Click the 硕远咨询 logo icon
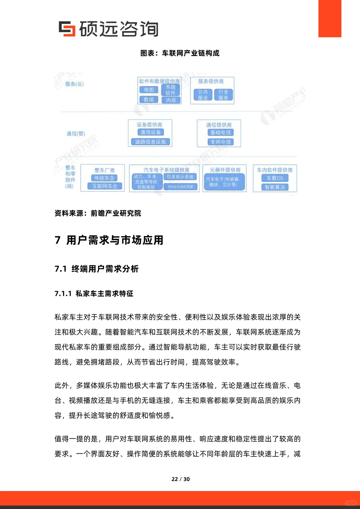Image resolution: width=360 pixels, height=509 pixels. (67, 29)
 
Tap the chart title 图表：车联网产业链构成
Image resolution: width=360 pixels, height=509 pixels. (180, 53)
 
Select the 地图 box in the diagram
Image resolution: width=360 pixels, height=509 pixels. (149, 90)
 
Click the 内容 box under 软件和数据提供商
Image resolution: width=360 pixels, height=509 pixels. (171, 100)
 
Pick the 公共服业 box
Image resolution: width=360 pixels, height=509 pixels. (203, 95)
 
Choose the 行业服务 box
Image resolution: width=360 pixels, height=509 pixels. (223, 95)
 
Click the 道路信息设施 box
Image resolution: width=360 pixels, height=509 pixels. (150, 142)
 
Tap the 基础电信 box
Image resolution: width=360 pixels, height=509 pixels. (220, 133)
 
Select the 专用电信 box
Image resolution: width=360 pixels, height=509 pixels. (220, 142)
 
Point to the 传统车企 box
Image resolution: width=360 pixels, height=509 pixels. (104, 178)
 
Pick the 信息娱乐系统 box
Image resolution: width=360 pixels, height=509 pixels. (180, 177)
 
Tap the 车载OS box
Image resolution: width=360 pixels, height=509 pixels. (275, 178)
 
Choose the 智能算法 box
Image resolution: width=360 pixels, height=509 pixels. (275, 187)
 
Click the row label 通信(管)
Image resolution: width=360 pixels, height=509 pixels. (76, 134)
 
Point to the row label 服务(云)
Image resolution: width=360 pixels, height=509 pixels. (74, 84)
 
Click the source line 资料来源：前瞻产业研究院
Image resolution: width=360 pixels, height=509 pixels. (98, 213)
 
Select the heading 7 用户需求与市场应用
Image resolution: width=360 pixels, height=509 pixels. (109, 240)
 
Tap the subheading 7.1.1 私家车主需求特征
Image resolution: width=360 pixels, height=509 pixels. (94, 293)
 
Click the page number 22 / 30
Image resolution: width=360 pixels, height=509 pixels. (180, 479)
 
